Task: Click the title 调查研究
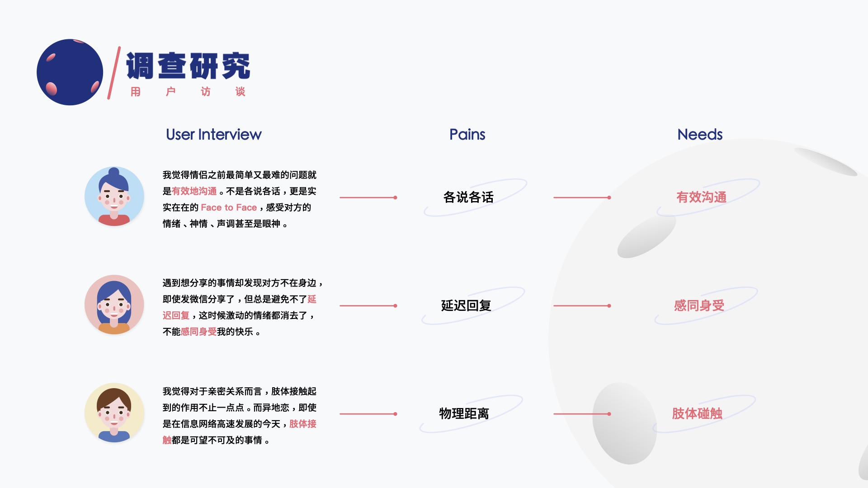188,66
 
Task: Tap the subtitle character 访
206,92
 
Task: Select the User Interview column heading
213,135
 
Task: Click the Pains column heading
467,135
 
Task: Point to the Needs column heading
699,135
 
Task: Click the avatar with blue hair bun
114,197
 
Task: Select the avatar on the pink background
114,305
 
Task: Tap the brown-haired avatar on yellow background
114,413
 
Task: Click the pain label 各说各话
468,197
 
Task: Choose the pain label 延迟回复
466,306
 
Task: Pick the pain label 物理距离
464,414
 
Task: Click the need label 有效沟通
701,197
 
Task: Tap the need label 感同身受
699,306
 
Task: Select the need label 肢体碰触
697,414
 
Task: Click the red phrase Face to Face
229,208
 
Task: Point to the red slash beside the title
114,72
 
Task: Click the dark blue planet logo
70,72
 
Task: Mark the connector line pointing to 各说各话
368,197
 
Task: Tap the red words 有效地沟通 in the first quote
194,192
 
